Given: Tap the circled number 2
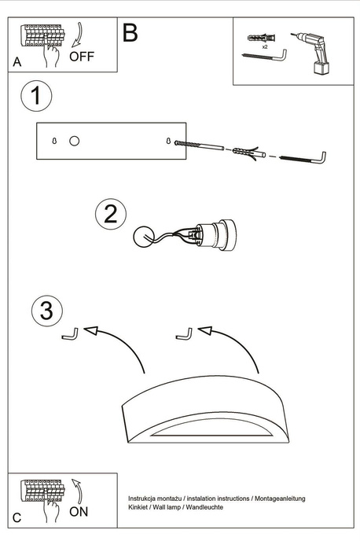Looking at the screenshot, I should pyautogui.click(x=111, y=214).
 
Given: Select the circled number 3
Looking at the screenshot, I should pyautogui.click(x=47, y=311).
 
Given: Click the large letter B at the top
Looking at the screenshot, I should pyautogui.click(x=130, y=33).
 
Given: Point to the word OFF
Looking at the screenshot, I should pyautogui.click(x=82, y=56).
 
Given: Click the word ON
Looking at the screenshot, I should pyautogui.click(x=79, y=512).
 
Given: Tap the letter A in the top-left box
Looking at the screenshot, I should pyautogui.click(x=17, y=61).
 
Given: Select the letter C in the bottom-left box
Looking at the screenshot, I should pyautogui.click(x=17, y=519).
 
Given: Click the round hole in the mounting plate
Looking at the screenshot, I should pyautogui.click(x=74, y=141).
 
